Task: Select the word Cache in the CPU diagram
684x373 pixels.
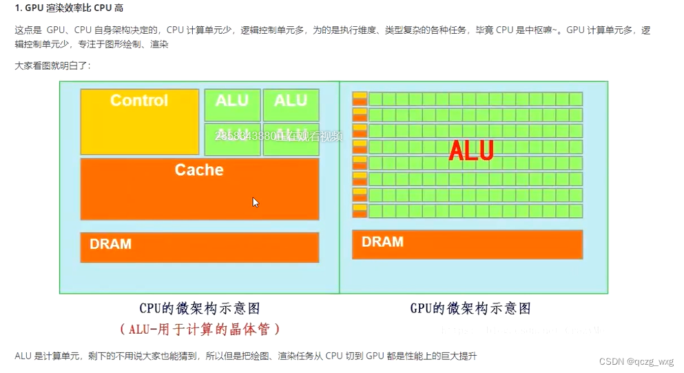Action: pos(199,170)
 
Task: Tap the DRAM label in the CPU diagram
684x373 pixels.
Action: pos(110,244)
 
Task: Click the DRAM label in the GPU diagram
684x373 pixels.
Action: pos(382,242)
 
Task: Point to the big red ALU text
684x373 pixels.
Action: pos(471,151)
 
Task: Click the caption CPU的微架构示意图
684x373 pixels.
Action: pos(200,308)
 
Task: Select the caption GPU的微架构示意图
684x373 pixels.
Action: pos(470,308)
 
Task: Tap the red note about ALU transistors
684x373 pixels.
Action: pos(200,329)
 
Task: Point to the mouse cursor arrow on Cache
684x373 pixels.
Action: pos(256,202)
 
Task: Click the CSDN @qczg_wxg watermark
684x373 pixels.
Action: pos(636,362)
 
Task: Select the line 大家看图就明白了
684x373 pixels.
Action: pos(52,66)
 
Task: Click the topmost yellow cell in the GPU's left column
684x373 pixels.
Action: pos(360,95)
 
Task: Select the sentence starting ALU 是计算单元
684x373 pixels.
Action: pos(245,356)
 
